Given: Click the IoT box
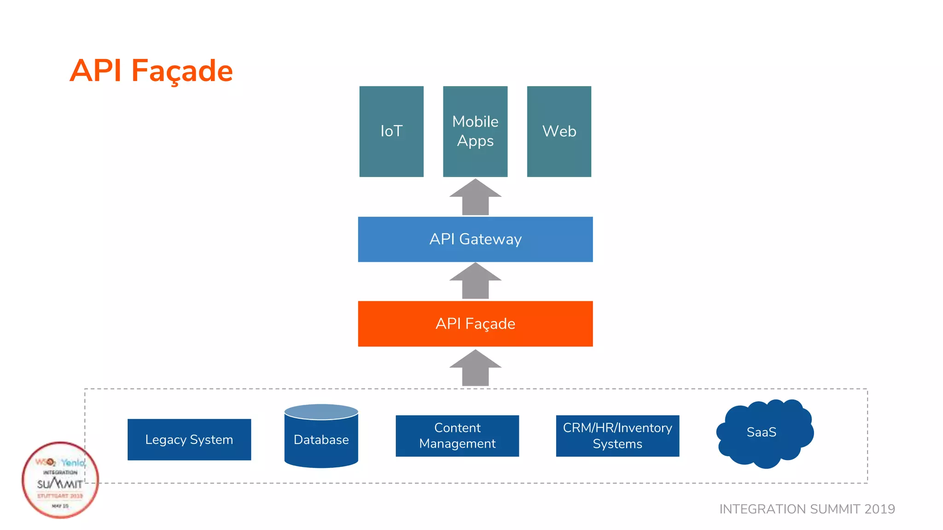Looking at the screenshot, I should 391,132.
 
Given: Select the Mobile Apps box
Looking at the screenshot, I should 475,132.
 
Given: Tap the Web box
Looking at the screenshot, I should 559,132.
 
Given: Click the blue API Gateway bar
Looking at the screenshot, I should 475,239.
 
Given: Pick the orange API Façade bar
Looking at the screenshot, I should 475,324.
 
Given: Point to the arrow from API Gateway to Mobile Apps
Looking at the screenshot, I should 475,198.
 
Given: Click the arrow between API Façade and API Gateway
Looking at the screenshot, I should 475,282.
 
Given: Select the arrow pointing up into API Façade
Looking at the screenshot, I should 475,369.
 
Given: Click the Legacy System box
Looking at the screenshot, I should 189,439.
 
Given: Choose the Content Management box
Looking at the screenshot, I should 457,436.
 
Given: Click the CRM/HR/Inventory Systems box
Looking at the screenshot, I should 617,436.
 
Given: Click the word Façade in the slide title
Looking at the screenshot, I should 182,71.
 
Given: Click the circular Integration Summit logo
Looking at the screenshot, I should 60,480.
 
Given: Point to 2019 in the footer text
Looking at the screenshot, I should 879,509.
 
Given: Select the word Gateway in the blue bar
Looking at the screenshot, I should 490,239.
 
